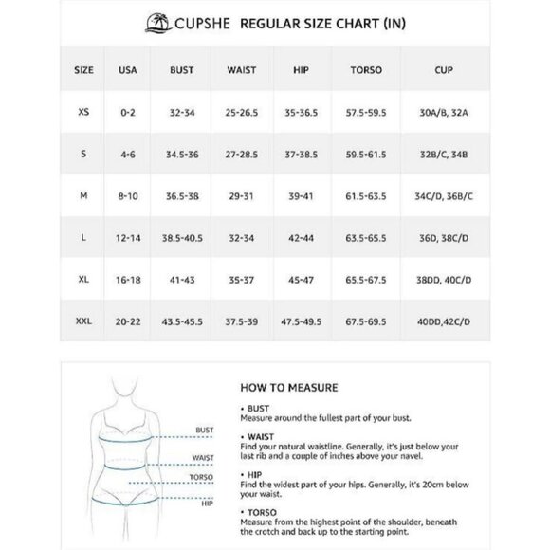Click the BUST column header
tap(182, 69)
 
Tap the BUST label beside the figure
tap(204, 430)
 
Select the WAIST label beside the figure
tap(202, 457)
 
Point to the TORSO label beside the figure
tap(202, 475)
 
